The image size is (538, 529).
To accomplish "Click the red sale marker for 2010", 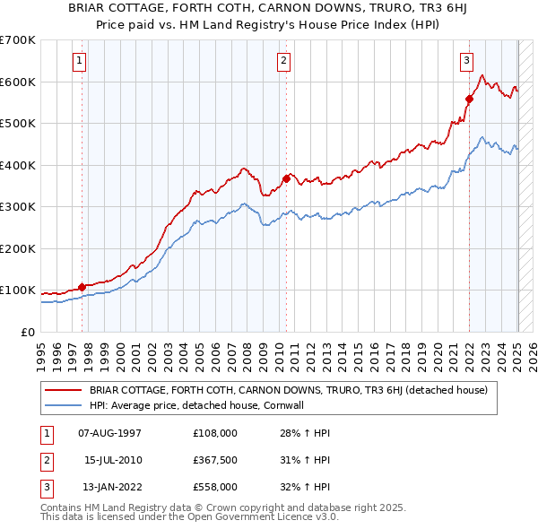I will (x=286, y=178).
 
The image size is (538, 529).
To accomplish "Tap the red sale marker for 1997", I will (x=82, y=287).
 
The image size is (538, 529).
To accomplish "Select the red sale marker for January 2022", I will (x=469, y=99).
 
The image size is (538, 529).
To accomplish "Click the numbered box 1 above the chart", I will (x=80, y=61).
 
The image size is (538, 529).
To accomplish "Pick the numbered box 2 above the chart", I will (x=283, y=61).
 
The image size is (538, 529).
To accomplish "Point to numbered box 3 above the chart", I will (x=467, y=61).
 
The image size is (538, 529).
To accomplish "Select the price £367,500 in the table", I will (x=215, y=460).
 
